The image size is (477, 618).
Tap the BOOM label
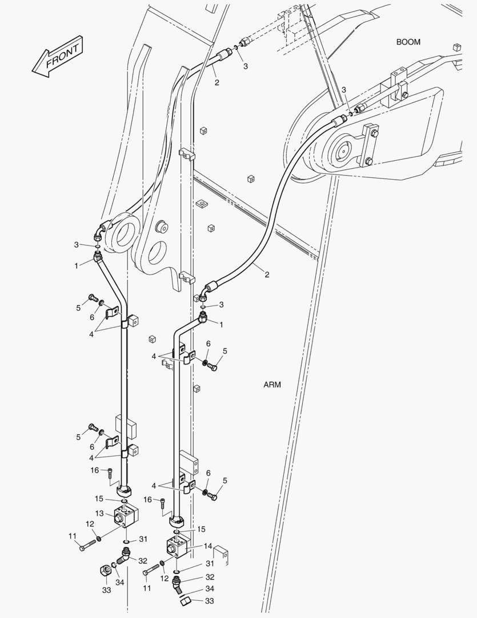[x=408, y=42]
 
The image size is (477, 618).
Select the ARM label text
[x=272, y=385]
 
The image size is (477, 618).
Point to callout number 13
[x=99, y=513]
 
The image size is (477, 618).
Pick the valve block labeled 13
[x=125, y=516]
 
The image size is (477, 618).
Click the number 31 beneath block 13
[x=143, y=539]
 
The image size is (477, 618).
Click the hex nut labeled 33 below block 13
[x=105, y=570]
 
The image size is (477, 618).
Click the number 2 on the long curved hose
[x=266, y=274]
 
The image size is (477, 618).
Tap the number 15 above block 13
[x=99, y=498]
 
